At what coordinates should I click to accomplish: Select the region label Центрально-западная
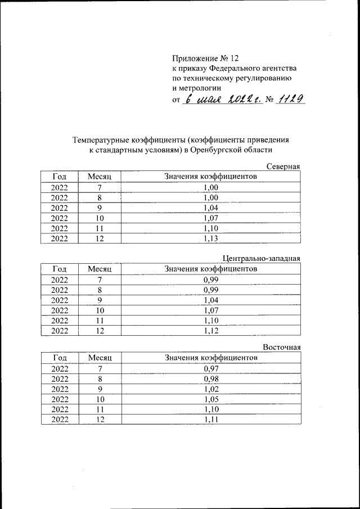pos(262,259)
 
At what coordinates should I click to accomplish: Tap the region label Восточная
pos(282,348)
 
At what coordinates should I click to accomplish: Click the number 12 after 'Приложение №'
pos(235,58)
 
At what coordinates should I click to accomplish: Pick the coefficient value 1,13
pos(211,238)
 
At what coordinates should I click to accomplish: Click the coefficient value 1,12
pos(211,331)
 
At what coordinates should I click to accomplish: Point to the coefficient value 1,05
pos(211,399)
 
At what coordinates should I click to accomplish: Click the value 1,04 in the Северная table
pos(211,208)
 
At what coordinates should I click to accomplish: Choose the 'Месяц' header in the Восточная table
pos(100,357)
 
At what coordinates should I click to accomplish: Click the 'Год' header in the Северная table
pos(60,177)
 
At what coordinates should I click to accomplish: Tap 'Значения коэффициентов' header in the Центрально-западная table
pos(211,269)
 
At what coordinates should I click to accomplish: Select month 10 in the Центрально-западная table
pos(100,310)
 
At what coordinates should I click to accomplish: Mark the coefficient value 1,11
pos(211,420)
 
